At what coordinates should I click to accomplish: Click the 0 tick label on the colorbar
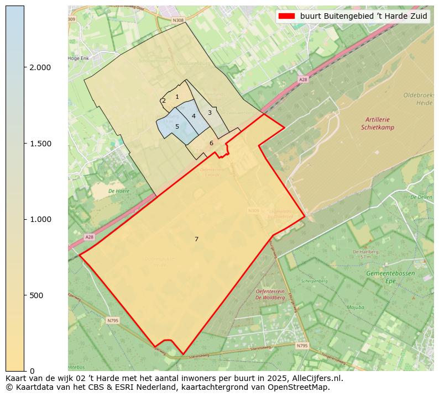(x=32, y=370)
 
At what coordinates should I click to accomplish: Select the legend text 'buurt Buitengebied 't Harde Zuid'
(x=364, y=16)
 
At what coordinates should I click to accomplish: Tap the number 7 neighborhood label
(x=196, y=239)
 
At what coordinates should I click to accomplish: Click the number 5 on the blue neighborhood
(x=177, y=126)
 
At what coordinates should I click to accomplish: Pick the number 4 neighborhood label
(x=194, y=116)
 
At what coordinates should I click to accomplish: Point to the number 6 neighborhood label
(x=211, y=143)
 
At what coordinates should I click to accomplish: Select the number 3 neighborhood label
(x=210, y=113)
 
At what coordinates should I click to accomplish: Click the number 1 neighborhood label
(x=177, y=97)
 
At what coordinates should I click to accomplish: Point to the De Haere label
(x=119, y=191)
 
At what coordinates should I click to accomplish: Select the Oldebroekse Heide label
(x=418, y=99)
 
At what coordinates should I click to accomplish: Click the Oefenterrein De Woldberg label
(x=270, y=294)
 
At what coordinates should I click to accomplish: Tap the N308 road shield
(x=177, y=20)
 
